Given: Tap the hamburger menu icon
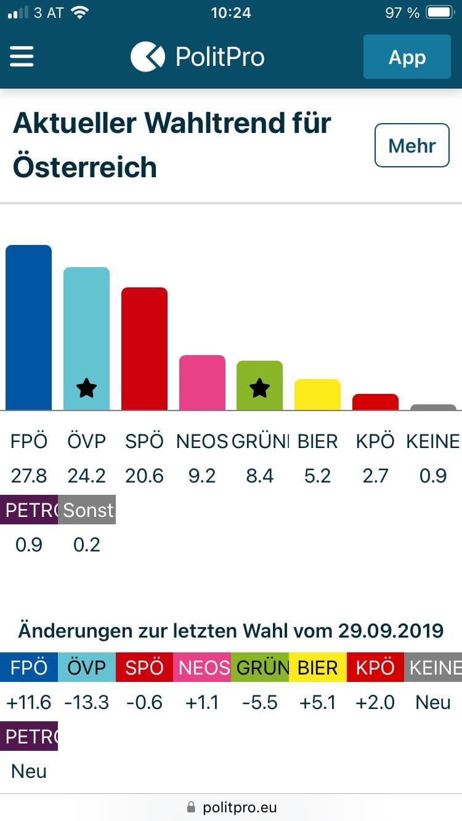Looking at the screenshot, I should tap(21, 57).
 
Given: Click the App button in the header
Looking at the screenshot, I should tap(407, 57).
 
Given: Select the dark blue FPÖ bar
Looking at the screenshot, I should tap(28, 327).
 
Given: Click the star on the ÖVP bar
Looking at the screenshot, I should tap(86, 388).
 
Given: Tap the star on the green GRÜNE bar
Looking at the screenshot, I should tap(259, 388).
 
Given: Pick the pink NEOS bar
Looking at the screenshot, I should tap(202, 382).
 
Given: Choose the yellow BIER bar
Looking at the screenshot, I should tap(317, 394).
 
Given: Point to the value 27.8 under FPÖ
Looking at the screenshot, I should tap(29, 476).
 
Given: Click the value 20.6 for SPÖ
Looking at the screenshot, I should tap(144, 476).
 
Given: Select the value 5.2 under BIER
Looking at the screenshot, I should tap(317, 476).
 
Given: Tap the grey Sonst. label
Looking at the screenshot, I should tap(87, 510).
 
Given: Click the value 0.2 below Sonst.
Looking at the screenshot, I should tap(87, 545).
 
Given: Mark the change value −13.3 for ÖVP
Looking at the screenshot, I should tap(87, 702).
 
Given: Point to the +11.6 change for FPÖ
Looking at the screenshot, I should tap(29, 702).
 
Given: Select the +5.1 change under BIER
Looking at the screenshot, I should tap(317, 702).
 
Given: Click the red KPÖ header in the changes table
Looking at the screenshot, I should tap(375, 668).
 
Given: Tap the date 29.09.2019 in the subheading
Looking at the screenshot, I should tap(391, 631).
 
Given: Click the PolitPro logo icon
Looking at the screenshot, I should tap(148, 57).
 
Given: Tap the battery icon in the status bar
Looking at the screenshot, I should tap(440, 13).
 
